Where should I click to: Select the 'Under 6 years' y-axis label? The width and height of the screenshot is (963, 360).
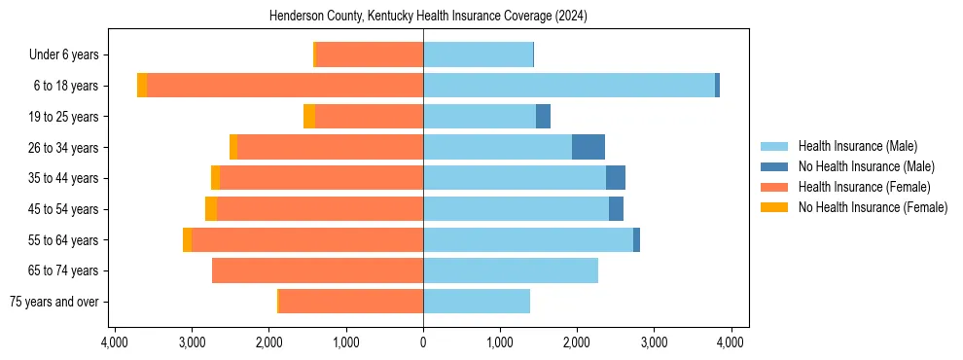[69, 55]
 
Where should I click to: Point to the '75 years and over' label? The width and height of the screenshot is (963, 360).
[59, 302]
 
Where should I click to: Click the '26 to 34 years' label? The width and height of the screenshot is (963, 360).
[69, 148]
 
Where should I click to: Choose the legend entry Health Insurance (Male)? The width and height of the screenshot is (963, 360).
[857, 146]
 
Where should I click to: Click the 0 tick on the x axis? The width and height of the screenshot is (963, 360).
[423, 342]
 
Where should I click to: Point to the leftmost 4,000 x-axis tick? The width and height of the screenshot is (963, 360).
[115, 342]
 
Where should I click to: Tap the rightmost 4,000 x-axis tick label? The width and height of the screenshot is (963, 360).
[731, 342]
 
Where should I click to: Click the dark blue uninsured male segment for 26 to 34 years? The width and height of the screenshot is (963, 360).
[588, 147]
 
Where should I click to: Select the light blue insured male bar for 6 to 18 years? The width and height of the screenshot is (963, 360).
[569, 86]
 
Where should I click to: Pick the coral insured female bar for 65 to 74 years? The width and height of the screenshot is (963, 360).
[317, 270]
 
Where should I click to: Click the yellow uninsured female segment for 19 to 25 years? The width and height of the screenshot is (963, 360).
[309, 117]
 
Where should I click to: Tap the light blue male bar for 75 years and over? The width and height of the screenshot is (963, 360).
[477, 302]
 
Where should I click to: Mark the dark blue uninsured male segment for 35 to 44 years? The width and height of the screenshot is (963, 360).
[616, 178]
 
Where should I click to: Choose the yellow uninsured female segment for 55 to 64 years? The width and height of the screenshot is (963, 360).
[187, 240]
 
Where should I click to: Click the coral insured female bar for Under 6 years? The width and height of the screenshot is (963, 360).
[370, 55]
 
